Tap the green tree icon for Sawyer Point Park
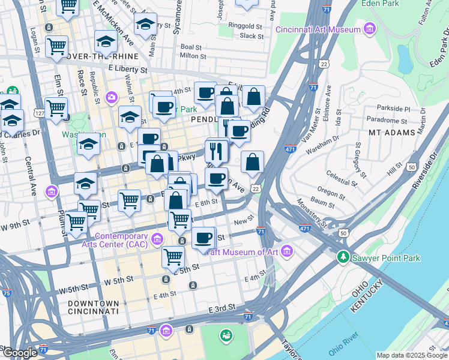point(343,257)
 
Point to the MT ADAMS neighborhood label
point(391,132)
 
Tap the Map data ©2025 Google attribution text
point(411,355)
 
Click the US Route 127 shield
point(40,113)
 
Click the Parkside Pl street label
point(393,109)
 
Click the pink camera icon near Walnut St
point(112,97)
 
